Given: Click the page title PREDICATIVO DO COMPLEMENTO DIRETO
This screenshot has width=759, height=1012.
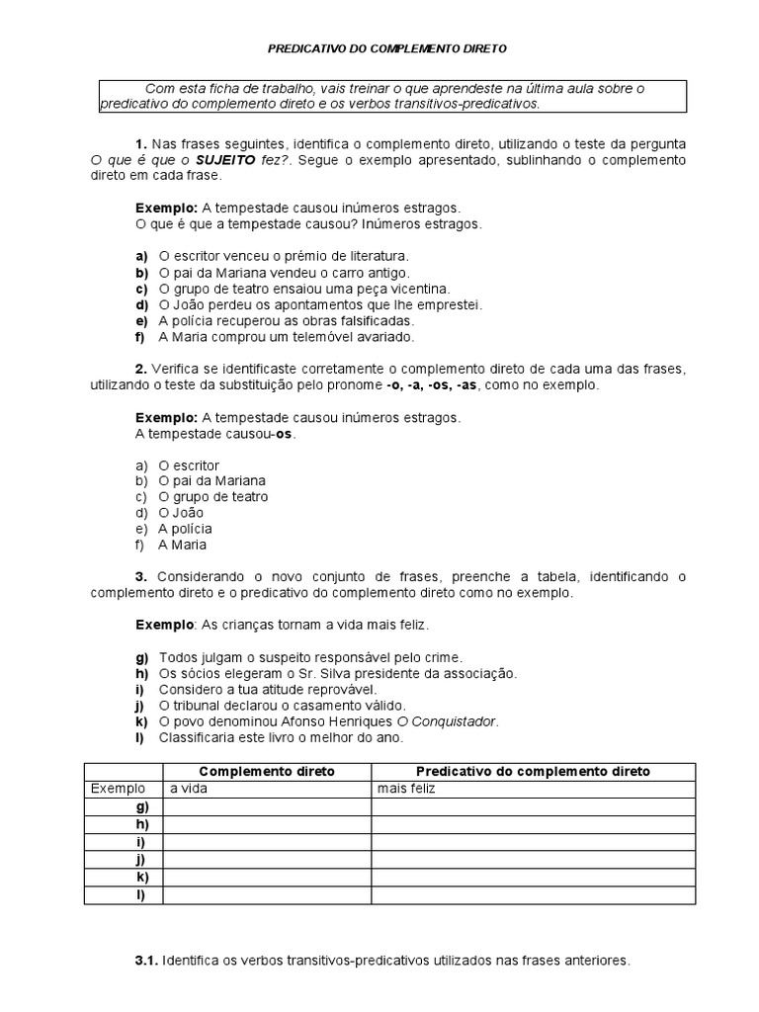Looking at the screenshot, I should [388, 47].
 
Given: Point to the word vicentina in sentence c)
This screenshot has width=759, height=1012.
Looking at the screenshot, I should [414, 289].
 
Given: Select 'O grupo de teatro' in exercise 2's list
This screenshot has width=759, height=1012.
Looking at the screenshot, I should [212, 497].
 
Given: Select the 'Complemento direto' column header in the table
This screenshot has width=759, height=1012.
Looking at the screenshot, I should [267, 771].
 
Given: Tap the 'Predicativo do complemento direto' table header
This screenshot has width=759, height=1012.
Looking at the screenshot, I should [533, 771].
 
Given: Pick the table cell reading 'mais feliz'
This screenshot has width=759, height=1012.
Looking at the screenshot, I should [406, 789].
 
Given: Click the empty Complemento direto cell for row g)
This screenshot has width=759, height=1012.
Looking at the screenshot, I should [267, 806].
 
